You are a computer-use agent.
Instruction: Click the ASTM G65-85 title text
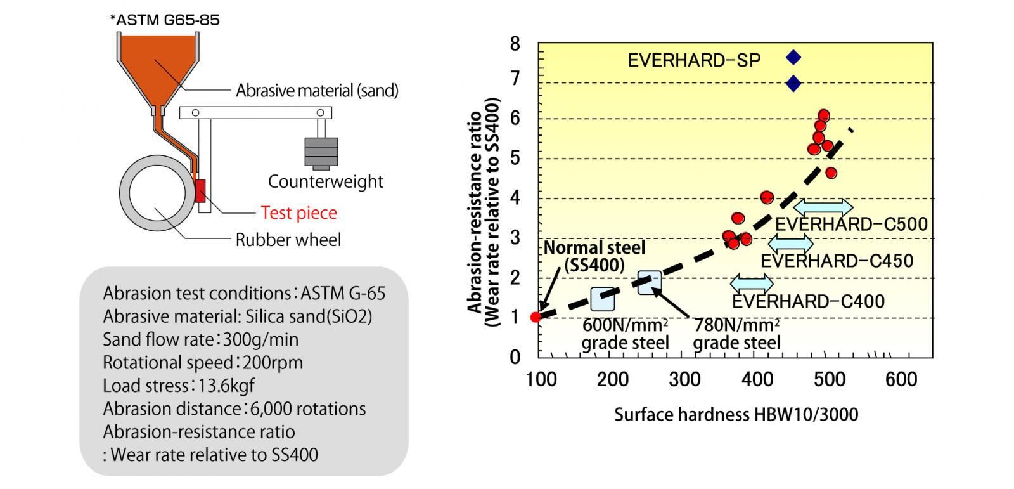tap(165, 20)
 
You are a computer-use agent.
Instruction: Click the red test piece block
tap(201, 191)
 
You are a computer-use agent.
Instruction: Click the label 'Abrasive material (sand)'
tap(317, 91)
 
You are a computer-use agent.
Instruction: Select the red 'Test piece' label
tap(298, 213)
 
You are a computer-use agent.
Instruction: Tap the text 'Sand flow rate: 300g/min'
tap(200, 339)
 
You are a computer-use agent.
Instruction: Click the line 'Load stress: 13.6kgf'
tap(179, 386)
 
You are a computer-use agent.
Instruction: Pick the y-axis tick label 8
tap(515, 44)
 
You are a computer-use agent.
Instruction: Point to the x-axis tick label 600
tap(901, 380)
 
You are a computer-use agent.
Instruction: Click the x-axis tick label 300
tap(684, 380)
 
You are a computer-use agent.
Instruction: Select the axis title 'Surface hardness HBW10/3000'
tap(736, 415)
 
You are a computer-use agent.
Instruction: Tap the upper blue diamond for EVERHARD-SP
tap(793, 58)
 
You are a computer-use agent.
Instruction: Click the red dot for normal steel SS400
tap(536, 317)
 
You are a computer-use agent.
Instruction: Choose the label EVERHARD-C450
tap(837, 261)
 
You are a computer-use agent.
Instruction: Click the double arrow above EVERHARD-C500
tap(823, 207)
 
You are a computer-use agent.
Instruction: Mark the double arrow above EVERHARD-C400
tap(752, 283)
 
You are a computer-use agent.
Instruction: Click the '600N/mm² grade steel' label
tap(625, 334)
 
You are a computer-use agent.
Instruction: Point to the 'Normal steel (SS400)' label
tap(594, 256)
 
